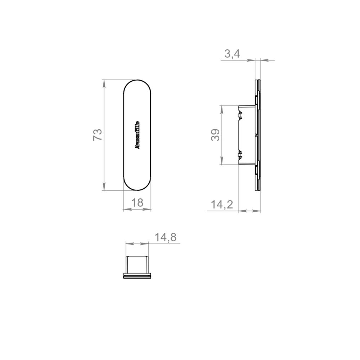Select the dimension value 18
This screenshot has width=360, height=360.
click(137, 203)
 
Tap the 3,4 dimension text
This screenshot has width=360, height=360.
click(232, 54)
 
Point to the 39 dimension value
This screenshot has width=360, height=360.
click(216, 135)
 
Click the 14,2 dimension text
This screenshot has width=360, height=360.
click(222, 205)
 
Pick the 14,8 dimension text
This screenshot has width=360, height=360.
click(165, 237)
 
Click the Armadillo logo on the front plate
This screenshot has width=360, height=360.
click(137, 135)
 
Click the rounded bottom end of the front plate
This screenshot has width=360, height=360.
click(137, 188)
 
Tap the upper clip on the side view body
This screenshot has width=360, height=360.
click(240, 115)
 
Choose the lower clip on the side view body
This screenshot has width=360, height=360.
click(240, 155)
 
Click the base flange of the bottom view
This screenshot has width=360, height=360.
click(137, 276)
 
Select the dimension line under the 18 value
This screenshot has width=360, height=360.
click(137, 209)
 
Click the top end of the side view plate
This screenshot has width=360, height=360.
click(257, 81)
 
